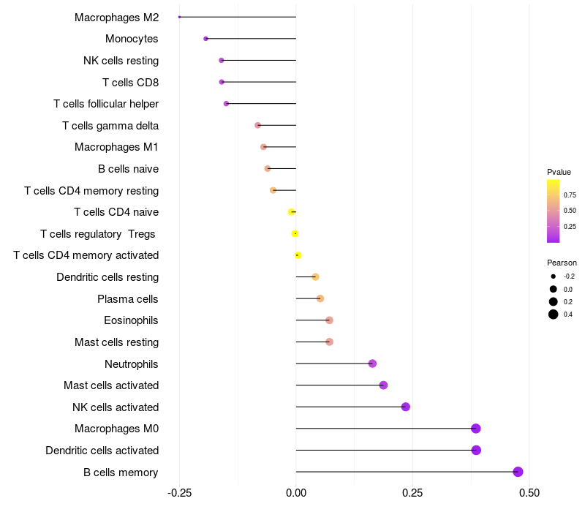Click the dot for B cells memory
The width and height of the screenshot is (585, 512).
(518, 472)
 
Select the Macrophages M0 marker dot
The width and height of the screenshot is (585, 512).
(476, 429)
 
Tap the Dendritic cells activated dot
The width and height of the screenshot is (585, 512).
(476, 450)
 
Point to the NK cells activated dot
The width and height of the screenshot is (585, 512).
(406, 407)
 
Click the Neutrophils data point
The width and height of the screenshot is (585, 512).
(372, 364)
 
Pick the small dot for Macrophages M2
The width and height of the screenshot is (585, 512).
(179, 17)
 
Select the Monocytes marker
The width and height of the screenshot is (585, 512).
(205, 39)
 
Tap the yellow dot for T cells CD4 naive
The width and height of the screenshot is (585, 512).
(291, 212)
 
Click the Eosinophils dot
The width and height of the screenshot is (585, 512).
(329, 320)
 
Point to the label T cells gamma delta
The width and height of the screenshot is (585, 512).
(110, 126)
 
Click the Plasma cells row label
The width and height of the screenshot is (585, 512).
(128, 299)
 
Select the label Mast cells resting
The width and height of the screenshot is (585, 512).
(116, 342)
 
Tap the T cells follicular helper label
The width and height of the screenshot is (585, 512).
(106, 104)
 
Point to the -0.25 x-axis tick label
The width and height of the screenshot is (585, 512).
(180, 494)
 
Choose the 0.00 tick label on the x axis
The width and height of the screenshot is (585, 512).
(296, 494)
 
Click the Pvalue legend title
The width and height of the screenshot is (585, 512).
(559, 172)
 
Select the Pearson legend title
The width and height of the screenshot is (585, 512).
(562, 263)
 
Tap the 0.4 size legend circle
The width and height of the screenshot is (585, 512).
(554, 315)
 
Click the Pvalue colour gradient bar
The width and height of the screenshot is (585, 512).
(554, 211)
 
